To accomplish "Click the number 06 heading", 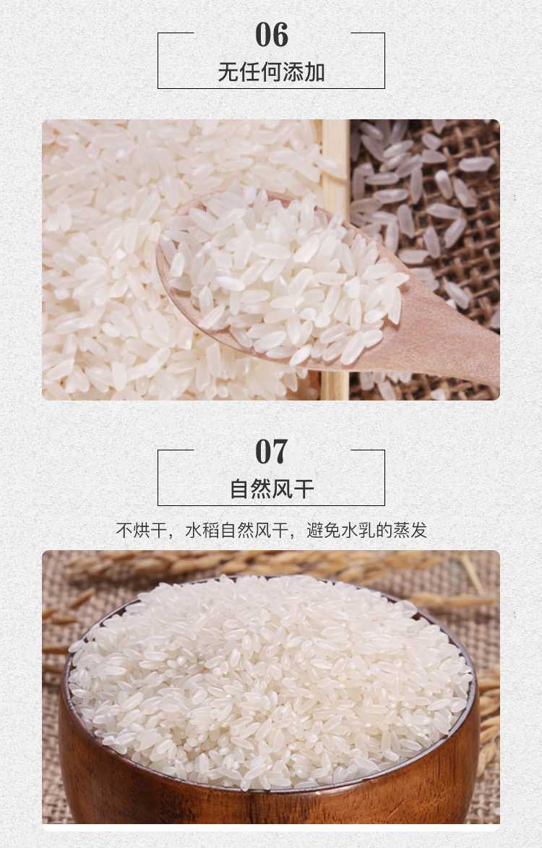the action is pos(271,35).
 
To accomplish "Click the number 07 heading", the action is pos(271,452).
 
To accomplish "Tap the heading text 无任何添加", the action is pos(271,72).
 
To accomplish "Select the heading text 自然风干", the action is pos(272,489).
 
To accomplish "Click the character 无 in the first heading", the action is pos(228,72).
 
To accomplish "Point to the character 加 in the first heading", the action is pos(314,72).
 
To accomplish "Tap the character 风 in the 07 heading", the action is pos(282,489).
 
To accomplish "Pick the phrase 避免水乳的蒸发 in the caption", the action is pos(367,530).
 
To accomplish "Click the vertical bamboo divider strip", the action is pos(335,260).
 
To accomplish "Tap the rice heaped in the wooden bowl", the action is pos(270,682).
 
